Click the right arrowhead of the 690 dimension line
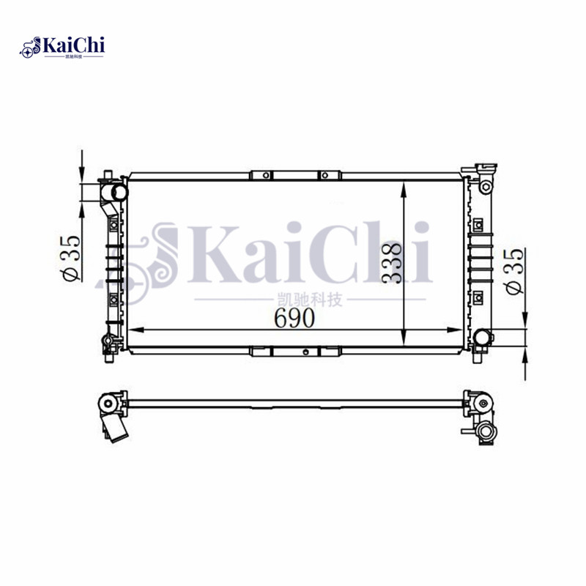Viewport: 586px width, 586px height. point(457,330)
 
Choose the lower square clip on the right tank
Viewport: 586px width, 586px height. point(478,296)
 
